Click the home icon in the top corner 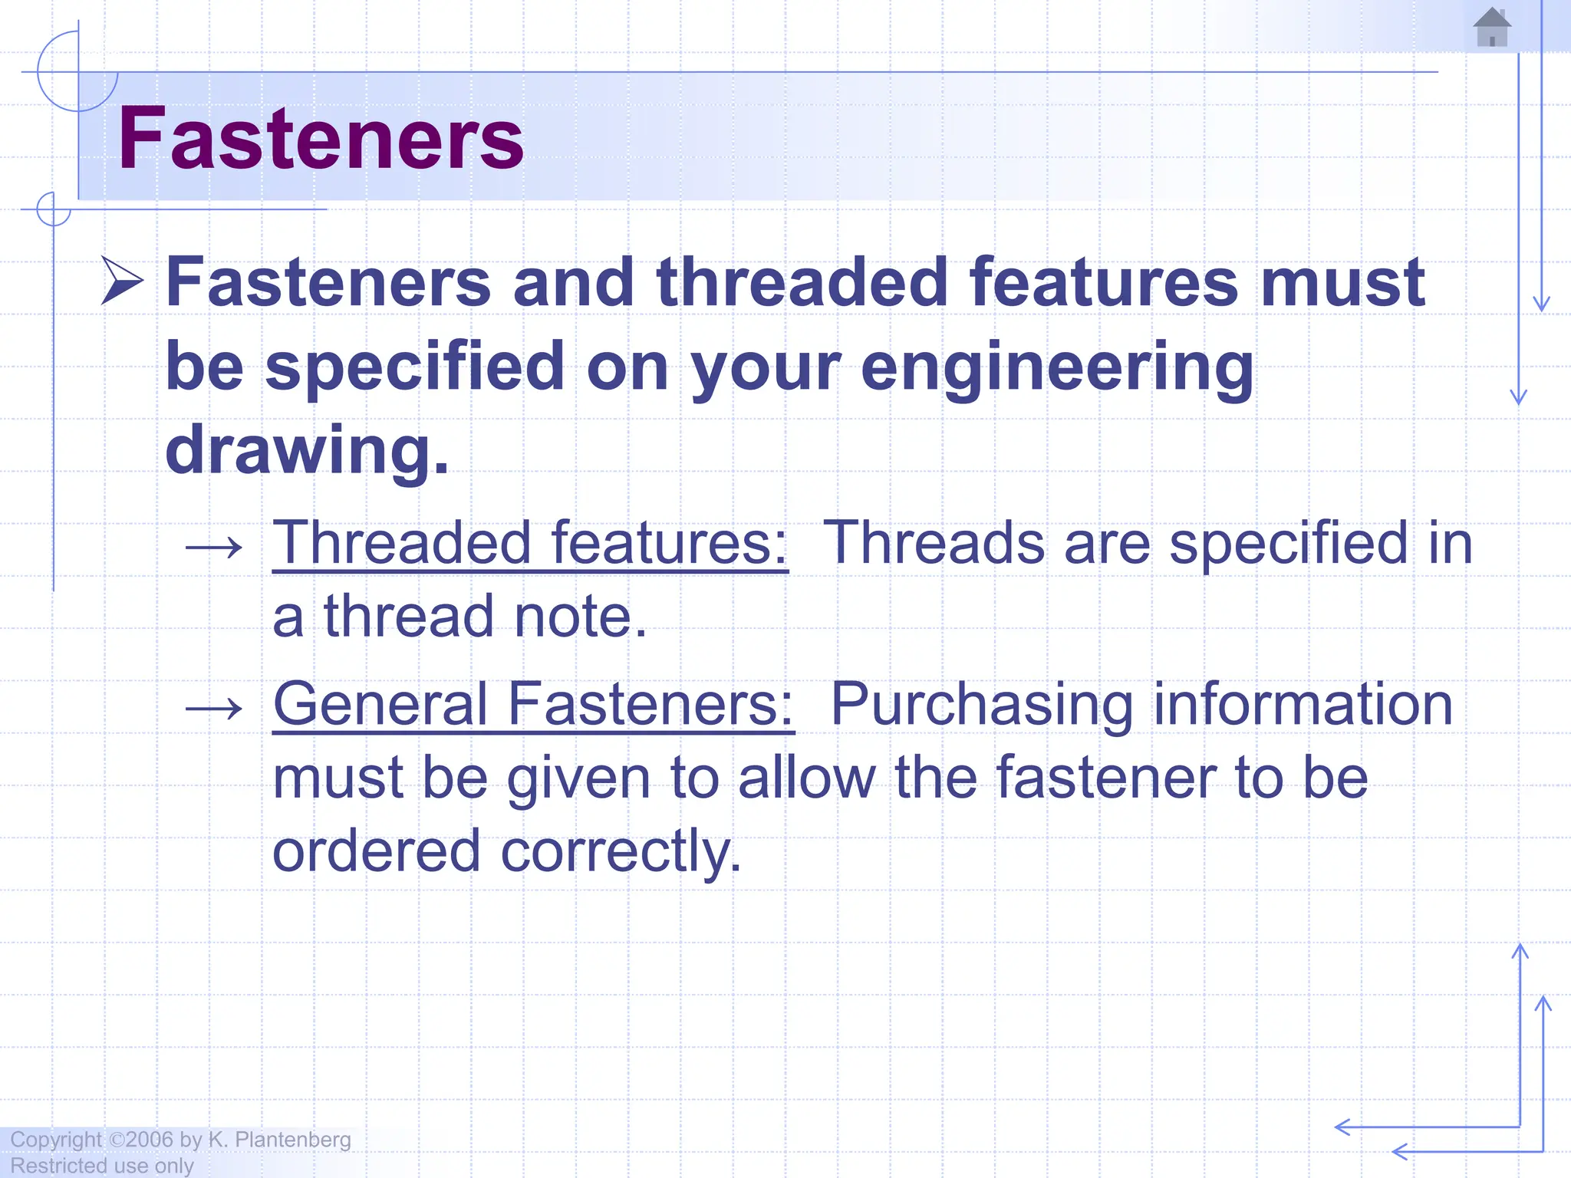tap(1492, 28)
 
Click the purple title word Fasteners tap(321, 139)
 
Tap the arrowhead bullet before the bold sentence tap(122, 281)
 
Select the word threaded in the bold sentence tap(802, 282)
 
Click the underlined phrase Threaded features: tap(530, 543)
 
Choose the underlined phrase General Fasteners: tap(533, 704)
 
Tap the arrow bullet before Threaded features tap(214, 548)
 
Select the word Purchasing tap(982, 704)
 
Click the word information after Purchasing tap(1303, 704)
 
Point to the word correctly tap(621, 851)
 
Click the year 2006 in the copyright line tap(150, 1140)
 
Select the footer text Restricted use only tap(102, 1166)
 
